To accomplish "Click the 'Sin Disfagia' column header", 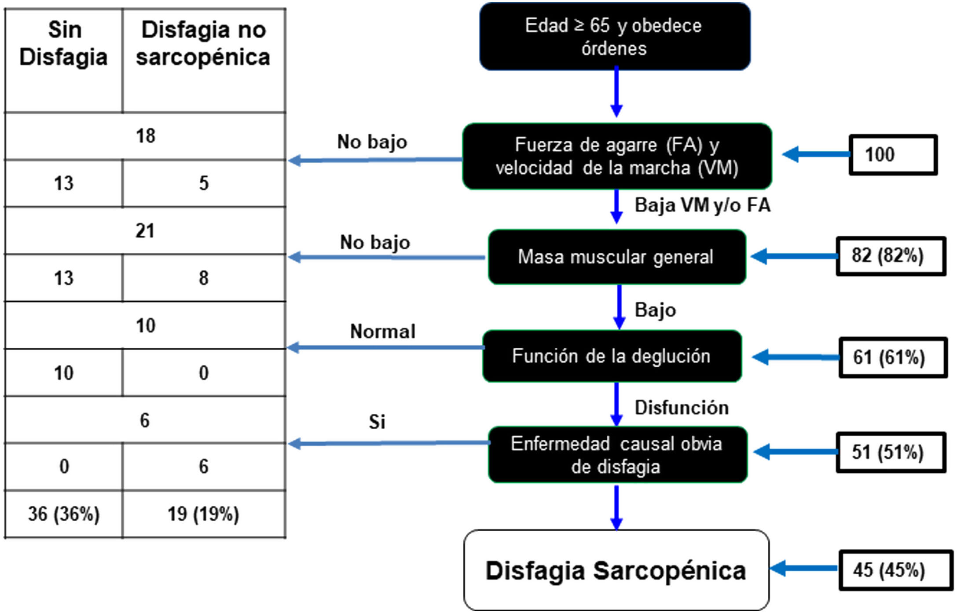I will [x=64, y=44].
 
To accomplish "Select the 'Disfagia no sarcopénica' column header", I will [x=203, y=44].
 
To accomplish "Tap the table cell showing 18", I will [x=145, y=136].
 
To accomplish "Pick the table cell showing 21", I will [x=145, y=231].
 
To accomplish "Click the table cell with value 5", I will [x=203, y=183].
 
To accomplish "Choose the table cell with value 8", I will [x=203, y=278].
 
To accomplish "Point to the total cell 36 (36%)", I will [x=64, y=514].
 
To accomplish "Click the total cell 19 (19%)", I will [x=203, y=514].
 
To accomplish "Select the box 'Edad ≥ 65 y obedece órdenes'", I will [x=615, y=37].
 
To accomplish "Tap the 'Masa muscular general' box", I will [x=616, y=257].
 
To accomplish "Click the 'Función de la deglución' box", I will [x=612, y=356].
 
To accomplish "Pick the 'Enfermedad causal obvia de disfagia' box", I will [x=617, y=455].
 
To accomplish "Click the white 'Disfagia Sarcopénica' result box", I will [x=616, y=570].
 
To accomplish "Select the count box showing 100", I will [x=893, y=155].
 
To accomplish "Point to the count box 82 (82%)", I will [x=891, y=256].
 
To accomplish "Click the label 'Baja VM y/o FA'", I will [x=702, y=205].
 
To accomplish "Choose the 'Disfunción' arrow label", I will [x=682, y=408].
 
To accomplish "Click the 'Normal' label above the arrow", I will [x=383, y=332].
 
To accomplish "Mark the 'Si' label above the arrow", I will [x=377, y=422].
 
